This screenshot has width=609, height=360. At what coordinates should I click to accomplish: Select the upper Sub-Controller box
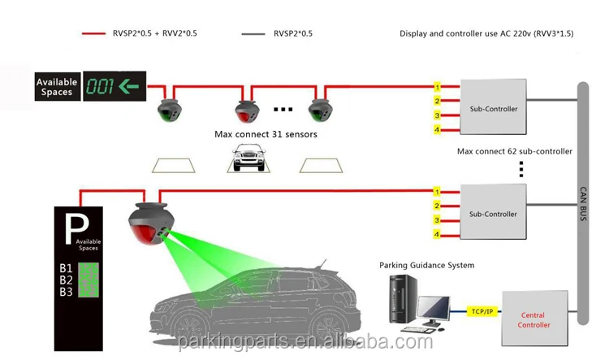493,108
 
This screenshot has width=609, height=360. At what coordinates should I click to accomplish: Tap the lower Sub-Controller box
493,214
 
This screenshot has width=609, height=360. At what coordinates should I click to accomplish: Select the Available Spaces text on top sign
57,87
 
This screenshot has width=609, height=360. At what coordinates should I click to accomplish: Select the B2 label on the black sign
67,280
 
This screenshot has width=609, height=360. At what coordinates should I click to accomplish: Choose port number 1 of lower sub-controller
437,192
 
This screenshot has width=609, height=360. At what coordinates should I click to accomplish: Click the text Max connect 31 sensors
266,134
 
